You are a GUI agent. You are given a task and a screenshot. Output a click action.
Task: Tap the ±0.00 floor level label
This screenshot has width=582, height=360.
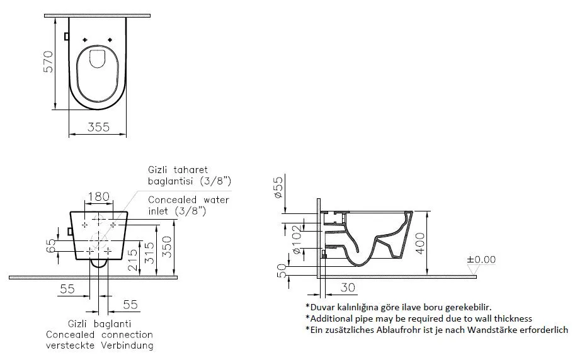click(x=481, y=259)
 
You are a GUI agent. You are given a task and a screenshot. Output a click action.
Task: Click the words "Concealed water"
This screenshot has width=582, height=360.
click(x=188, y=200)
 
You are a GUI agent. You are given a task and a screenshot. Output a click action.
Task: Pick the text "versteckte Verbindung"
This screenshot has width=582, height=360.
click(x=99, y=346)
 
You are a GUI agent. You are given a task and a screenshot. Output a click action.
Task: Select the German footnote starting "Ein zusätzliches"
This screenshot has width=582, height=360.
click(x=437, y=329)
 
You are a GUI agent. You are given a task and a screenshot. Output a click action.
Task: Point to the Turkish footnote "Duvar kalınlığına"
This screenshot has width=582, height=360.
click(x=398, y=307)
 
